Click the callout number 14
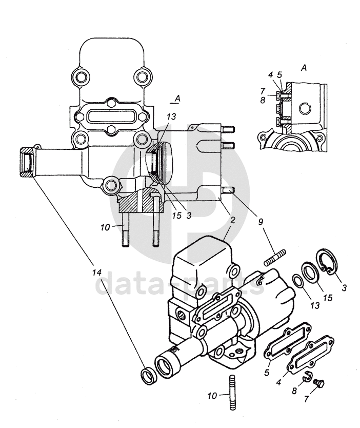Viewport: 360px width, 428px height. point(97,273)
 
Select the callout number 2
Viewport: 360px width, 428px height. point(232,220)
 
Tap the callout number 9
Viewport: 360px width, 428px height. point(261,222)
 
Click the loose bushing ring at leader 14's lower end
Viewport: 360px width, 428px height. point(149,377)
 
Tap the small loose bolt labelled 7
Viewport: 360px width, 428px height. point(319,383)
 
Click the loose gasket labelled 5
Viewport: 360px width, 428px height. point(288,341)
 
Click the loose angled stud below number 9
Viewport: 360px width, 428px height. point(275,257)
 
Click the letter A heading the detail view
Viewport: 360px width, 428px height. point(304,67)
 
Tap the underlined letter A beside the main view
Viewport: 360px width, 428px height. point(177,99)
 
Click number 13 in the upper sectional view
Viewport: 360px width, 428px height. point(172,116)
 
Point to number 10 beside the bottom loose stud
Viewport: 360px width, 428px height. point(212,396)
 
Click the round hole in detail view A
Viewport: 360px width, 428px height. point(305,108)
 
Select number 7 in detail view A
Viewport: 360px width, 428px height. point(263,90)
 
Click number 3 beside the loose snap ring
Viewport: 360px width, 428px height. point(344,287)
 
